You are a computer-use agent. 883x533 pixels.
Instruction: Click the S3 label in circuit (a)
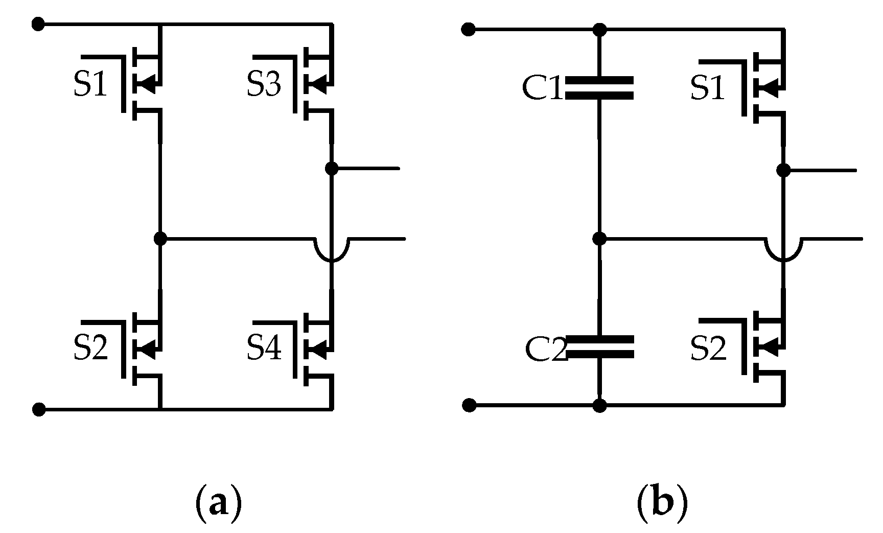coord(264,85)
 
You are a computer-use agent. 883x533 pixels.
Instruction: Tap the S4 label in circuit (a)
coord(264,348)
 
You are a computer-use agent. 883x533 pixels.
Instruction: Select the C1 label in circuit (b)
coord(542,88)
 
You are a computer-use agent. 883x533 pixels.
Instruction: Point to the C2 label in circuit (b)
coord(545,350)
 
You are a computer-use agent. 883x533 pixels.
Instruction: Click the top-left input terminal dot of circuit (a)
coord(38,24)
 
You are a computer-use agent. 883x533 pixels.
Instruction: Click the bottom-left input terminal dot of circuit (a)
coord(39,409)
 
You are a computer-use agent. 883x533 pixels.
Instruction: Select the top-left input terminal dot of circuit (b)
coord(468,29)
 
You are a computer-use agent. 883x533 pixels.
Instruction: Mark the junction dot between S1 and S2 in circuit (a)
coord(160,238)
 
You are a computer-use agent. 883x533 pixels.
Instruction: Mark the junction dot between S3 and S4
coord(332,168)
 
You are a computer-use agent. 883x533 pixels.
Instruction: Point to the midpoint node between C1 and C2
coord(599,238)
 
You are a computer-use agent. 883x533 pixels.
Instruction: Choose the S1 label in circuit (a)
coord(90,85)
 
